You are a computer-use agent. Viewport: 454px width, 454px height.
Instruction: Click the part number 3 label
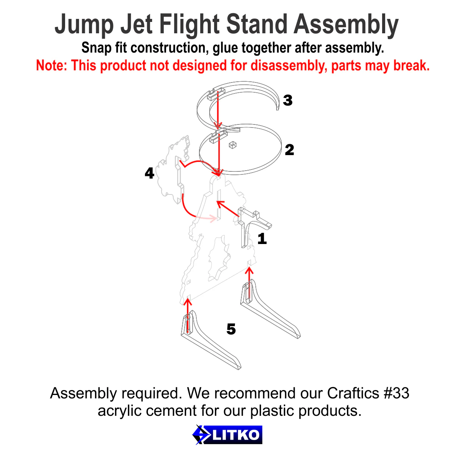coord(288,100)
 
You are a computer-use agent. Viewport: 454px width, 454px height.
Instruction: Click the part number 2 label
coord(289,150)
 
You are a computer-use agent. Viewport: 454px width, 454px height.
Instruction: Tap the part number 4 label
coord(149,173)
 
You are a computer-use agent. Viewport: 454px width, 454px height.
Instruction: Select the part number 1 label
coord(262,239)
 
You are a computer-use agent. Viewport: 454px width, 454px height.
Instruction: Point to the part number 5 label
coord(231,329)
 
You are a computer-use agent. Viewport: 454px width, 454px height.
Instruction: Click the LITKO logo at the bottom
coord(227,435)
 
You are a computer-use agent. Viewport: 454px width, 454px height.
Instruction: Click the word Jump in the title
coord(84,25)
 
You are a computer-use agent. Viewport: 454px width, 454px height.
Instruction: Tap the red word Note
coord(51,65)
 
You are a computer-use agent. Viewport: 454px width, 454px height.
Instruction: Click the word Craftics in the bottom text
coord(353,393)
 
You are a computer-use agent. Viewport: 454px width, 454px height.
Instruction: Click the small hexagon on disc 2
coord(233,145)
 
